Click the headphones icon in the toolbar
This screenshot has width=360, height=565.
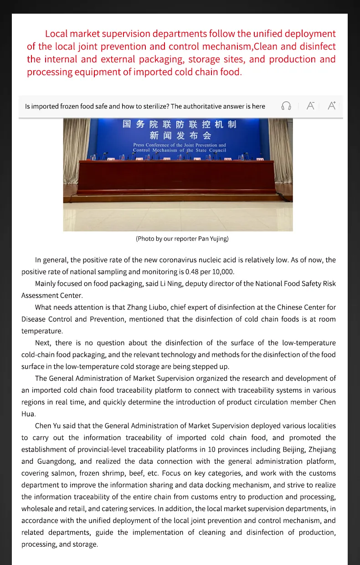pyautogui.click(x=286, y=106)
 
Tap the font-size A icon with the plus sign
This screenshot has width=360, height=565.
pyautogui.click(x=332, y=105)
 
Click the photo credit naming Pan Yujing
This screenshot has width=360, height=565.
pyautogui.click(x=182, y=239)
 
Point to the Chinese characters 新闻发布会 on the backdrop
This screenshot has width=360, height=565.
pyautogui.click(x=180, y=135)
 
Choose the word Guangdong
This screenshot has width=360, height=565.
pyautogui.click(x=55, y=462)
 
